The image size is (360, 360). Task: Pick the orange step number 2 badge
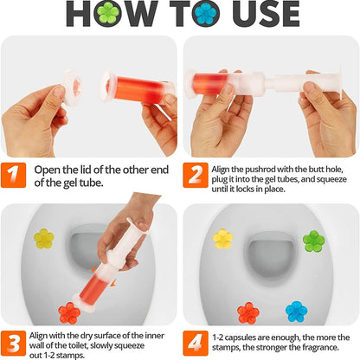[x=195, y=175]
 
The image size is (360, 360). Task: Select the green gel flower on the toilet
[x=313, y=240]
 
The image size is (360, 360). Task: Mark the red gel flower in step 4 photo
[x=249, y=312]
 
